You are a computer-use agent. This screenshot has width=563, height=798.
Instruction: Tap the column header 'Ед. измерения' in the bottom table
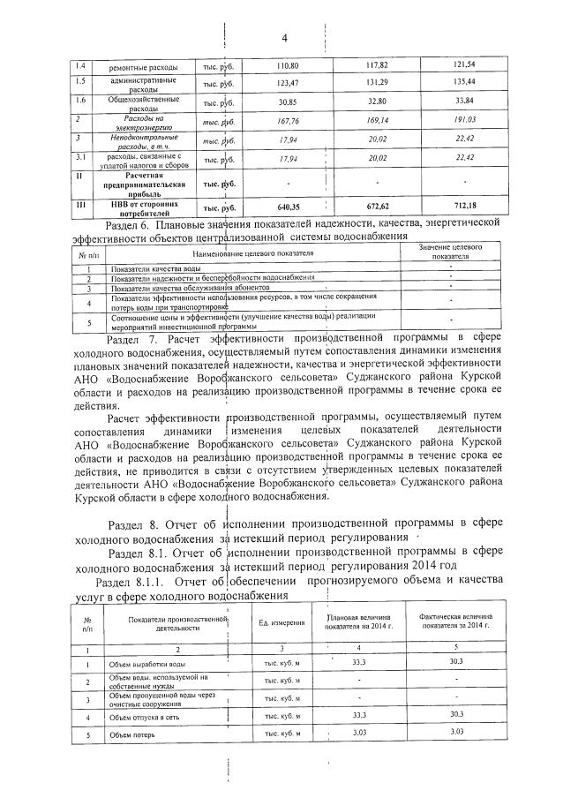(281, 623)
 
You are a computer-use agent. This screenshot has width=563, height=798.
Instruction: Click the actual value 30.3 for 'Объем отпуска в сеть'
(456, 716)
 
